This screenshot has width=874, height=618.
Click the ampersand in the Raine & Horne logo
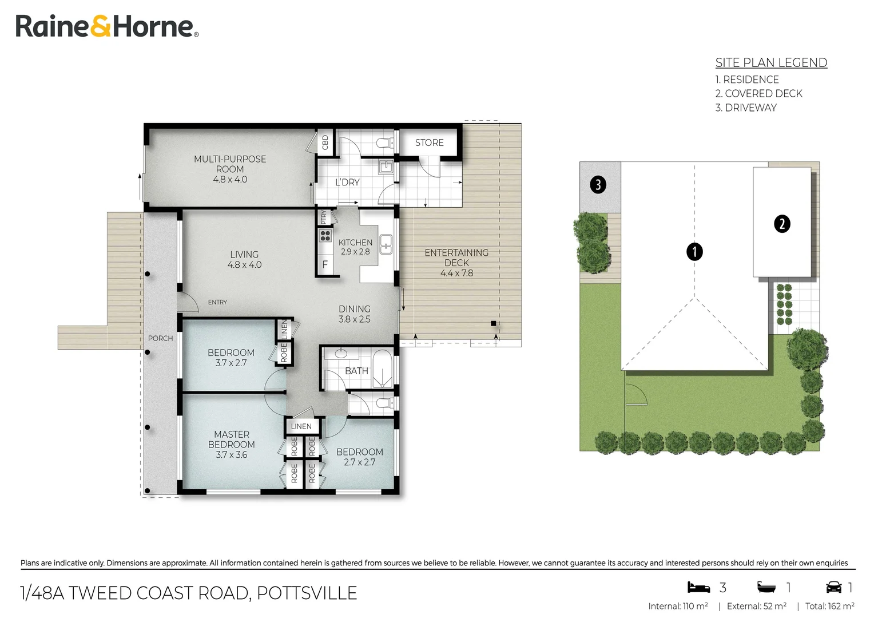pyautogui.click(x=101, y=26)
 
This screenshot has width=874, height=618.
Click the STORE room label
pyautogui.click(x=429, y=142)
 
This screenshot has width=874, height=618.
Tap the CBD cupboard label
pyautogui.click(x=325, y=142)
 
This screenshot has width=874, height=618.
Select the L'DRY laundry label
pyautogui.click(x=347, y=183)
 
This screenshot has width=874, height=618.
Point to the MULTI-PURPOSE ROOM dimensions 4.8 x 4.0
pyautogui.click(x=230, y=180)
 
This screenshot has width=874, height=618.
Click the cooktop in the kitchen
pyautogui.click(x=325, y=236)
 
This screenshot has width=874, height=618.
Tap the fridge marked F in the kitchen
pyautogui.click(x=325, y=265)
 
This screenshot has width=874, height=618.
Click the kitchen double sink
pyautogui.click(x=386, y=244)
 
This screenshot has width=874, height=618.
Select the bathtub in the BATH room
pyautogui.click(x=382, y=369)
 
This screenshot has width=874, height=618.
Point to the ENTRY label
pyautogui.click(x=217, y=302)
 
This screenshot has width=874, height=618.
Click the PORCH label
pyautogui.click(x=160, y=339)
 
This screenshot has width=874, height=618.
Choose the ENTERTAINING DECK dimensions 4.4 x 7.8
pyautogui.click(x=456, y=274)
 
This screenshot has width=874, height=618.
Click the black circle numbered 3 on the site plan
pyautogui.click(x=598, y=185)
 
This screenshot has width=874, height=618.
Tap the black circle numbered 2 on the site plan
pyautogui.click(x=782, y=224)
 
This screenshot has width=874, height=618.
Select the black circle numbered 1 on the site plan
pyautogui.click(x=694, y=252)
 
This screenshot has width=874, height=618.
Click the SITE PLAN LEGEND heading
pyautogui.click(x=772, y=62)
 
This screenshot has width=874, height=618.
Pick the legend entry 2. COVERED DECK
pyautogui.click(x=758, y=94)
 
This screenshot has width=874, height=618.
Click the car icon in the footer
pyautogui.click(x=834, y=587)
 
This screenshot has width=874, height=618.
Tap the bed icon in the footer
pyautogui.click(x=698, y=587)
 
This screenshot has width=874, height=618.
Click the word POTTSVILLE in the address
pyautogui.click(x=307, y=593)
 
